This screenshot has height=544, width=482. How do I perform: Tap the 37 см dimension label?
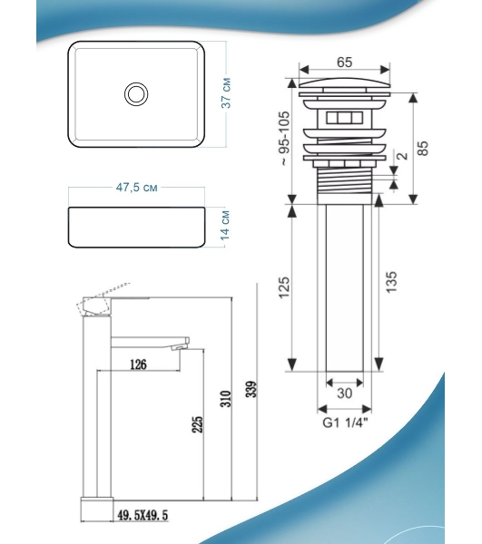point(226,93)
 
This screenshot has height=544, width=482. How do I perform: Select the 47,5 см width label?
point(136,188)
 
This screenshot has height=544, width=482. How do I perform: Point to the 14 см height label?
point(225,225)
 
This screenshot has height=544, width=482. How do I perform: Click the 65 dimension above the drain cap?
point(344,62)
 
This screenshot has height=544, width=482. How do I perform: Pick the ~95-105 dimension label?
point(284,138)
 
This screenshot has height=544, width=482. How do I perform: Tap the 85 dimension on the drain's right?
point(423,148)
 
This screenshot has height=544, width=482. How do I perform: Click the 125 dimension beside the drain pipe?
point(284,287)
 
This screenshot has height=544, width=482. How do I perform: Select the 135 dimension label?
point(391,282)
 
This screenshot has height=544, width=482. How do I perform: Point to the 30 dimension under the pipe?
point(345,393)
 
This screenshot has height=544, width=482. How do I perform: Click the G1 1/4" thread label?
point(345,423)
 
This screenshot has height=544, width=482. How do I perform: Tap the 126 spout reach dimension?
point(138,364)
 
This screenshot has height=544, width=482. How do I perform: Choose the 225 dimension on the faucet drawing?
point(197,424)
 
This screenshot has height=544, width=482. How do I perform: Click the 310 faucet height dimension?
point(226,399)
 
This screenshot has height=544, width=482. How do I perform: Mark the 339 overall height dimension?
point(251,389)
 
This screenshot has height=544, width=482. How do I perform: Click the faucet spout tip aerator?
point(180,347)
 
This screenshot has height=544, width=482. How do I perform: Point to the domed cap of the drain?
point(344,83)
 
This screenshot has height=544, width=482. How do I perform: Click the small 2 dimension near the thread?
point(403,155)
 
